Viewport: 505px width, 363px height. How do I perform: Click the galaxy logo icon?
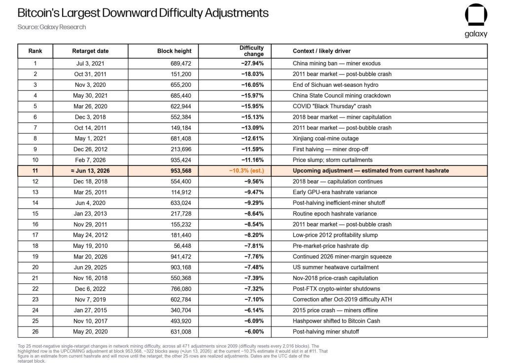(476, 15)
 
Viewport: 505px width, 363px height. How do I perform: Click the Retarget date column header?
(90, 51)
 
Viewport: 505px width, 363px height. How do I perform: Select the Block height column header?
(174, 51)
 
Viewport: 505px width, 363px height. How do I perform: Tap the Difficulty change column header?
(251, 51)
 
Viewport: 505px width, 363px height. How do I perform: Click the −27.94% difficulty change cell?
(252, 63)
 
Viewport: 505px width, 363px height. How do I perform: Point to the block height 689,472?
(180, 64)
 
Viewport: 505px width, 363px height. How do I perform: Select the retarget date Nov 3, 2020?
(90, 85)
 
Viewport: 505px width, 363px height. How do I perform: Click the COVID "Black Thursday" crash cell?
(332, 106)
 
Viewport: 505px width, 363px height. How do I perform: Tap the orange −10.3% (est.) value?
(247, 171)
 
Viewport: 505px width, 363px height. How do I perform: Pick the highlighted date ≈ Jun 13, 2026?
(90, 171)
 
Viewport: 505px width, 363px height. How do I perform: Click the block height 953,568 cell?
(180, 171)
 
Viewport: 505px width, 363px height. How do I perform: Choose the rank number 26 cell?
(35, 332)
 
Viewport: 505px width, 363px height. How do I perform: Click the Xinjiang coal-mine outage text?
(325, 138)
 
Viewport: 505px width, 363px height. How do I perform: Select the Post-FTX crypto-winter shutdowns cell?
(336, 289)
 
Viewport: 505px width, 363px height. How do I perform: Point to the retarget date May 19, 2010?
(90, 246)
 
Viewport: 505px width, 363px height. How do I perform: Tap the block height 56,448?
(182, 246)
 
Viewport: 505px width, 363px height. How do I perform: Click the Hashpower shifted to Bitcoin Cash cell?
(336, 321)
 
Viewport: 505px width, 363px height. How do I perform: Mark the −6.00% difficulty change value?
(254, 332)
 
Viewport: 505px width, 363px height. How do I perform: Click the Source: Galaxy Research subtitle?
(51, 27)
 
